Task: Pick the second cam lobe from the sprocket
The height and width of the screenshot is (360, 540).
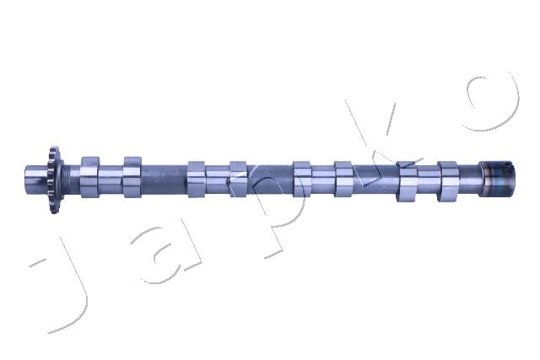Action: pos(132,177)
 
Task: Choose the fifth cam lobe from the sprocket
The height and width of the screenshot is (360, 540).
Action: pos(302,178)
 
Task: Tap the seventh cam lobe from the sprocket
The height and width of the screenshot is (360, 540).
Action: pos(407,180)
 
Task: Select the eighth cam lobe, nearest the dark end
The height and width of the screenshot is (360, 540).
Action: pos(447,180)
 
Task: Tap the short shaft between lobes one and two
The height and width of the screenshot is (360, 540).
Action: pos(111,177)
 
